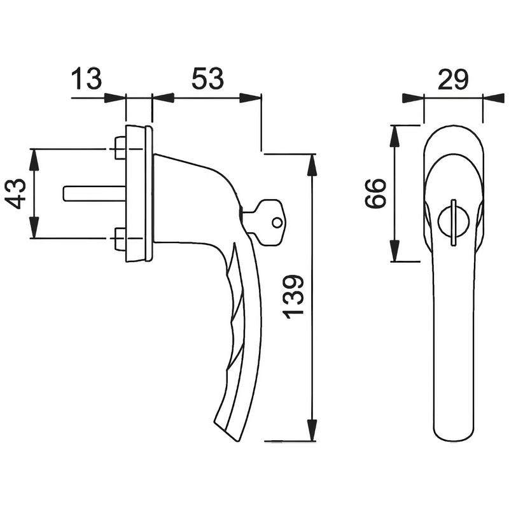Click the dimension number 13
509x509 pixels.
[86, 80]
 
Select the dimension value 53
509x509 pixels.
[208, 80]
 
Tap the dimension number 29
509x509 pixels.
[453, 80]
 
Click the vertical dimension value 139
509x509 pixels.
[294, 298]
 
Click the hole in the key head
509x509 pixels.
[276, 223]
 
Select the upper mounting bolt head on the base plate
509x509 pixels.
[119, 148]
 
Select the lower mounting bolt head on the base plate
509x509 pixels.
[119, 239]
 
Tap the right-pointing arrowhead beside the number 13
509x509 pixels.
[116, 98]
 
